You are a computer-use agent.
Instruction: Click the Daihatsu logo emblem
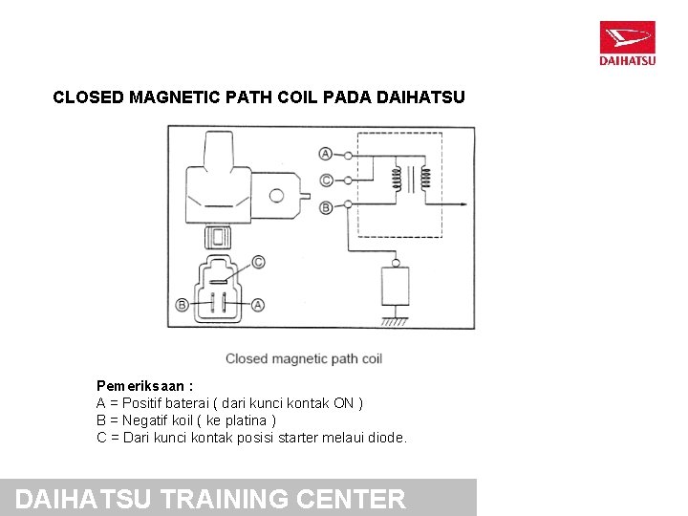(627, 39)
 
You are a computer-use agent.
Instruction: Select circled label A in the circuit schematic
(326, 154)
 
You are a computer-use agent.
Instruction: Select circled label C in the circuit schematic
(326, 180)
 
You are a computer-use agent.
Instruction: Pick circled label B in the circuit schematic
(326, 206)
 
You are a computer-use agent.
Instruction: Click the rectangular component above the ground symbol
(394, 286)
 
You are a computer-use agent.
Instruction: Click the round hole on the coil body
(276, 196)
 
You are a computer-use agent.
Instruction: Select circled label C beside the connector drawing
(258, 262)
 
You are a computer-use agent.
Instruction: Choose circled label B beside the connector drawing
(182, 305)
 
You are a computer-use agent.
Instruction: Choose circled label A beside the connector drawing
(258, 305)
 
